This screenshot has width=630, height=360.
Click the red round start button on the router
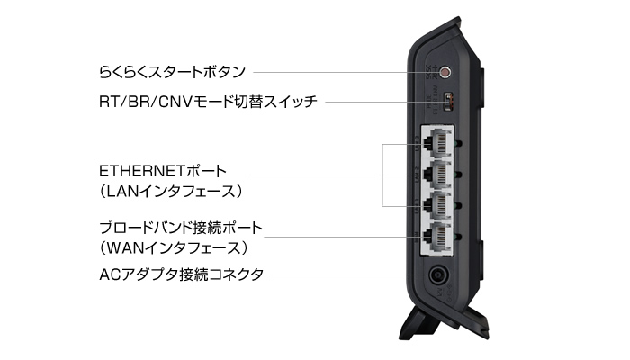pos(442,71)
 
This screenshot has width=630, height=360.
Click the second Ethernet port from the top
pos(437,173)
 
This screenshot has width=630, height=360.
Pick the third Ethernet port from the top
pos(437,204)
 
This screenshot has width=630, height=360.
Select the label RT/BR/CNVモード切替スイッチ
pos(208,103)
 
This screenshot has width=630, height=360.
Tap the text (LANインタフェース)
pos(171,192)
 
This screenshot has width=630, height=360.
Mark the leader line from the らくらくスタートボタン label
pos(342,70)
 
